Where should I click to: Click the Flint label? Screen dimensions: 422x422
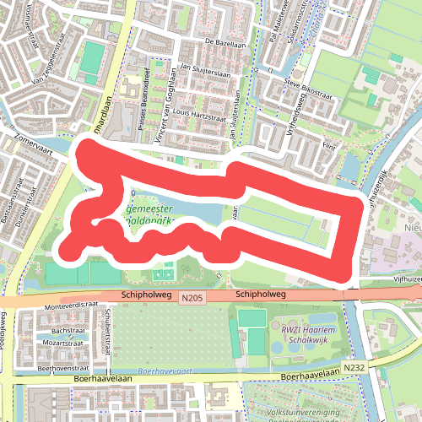tap(327, 145)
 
